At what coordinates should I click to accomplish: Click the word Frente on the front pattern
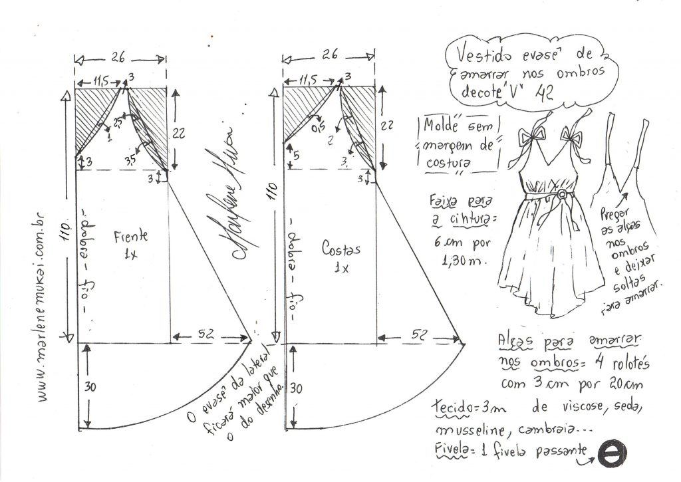click(x=130, y=237)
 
